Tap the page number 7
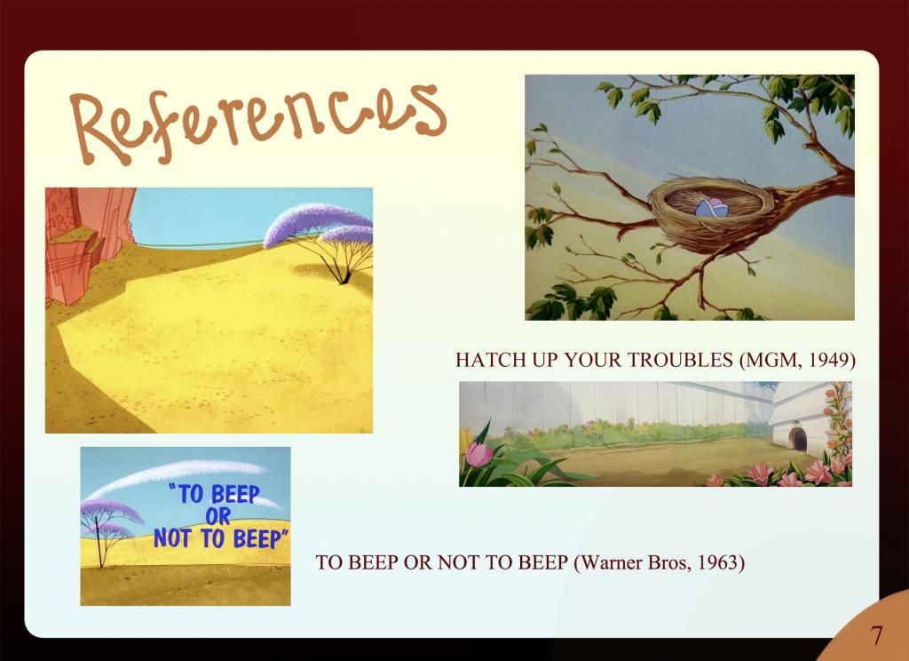click(876, 635)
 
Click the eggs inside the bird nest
click(712, 207)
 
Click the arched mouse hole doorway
click(798, 439)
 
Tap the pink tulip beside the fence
click(478, 454)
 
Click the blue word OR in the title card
click(218, 516)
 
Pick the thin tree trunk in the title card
click(99, 539)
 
